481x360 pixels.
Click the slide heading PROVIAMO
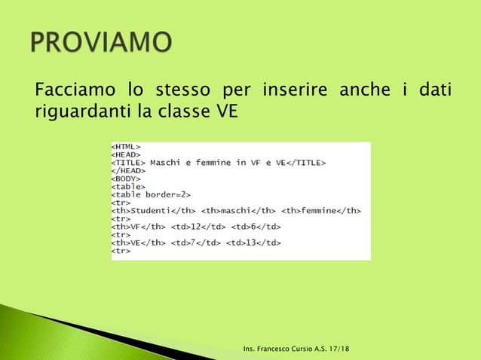click(102, 43)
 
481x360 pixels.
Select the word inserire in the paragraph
click(296, 92)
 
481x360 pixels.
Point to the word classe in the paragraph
click(192, 112)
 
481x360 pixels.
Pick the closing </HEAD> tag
click(128, 170)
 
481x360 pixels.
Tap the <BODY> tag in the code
click(127, 178)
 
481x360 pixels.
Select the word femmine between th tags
click(320, 210)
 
